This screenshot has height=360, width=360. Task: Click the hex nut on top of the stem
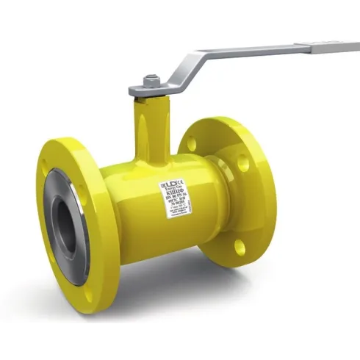(151, 80)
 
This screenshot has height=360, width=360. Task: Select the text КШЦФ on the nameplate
(173, 192)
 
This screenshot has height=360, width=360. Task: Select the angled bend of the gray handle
(192, 62)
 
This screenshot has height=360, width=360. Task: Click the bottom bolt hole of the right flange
(240, 247)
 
